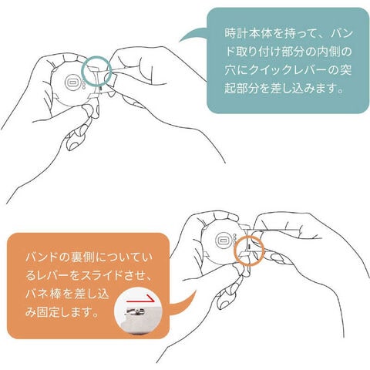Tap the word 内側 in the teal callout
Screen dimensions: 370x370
tap(327, 52)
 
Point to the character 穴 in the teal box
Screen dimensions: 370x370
tap(230, 70)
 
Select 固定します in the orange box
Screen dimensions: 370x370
tap(64, 312)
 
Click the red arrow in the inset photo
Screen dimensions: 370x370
tap(141, 300)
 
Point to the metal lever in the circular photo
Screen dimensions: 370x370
tap(135, 313)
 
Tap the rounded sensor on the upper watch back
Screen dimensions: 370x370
tap(72, 82)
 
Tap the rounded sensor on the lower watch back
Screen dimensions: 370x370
tap(223, 240)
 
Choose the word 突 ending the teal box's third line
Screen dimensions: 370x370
tap(345, 70)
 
